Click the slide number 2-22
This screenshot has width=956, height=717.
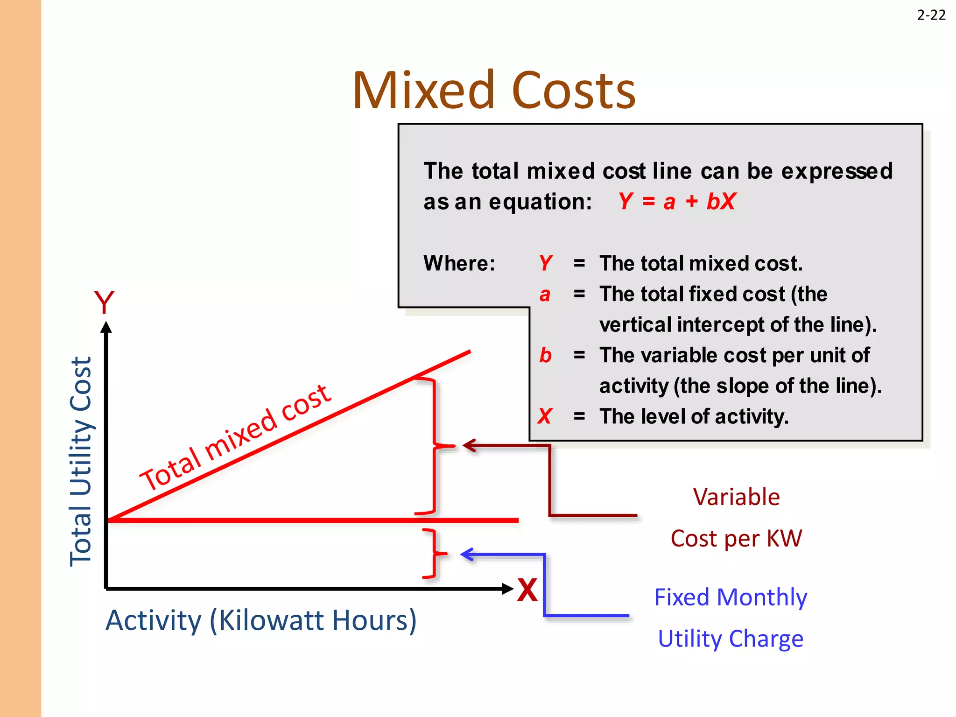[x=931, y=15]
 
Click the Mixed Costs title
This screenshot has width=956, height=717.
[x=494, y=90]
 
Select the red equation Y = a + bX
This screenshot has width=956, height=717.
[x=677, y=202]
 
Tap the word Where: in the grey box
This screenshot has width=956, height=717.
[x=459, y=263]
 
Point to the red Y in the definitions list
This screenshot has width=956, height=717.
[x=545, y=263]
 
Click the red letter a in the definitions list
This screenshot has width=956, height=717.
[x=545, y=295]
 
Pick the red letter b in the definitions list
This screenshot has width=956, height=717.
[x=545, y=355]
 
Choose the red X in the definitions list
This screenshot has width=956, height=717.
[x=545, y=416]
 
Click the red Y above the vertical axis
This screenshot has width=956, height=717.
[x=104, y=303]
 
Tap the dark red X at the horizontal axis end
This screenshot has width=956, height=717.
[x=527, y=590]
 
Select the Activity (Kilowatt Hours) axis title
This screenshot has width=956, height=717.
[x=261, y=620]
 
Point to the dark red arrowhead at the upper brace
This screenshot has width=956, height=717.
[x=468, y=446]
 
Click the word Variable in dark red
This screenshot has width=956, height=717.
[x=736, y=497]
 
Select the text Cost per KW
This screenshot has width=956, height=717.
[x=736, y=538]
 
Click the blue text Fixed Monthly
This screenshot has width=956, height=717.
[x=731, y=597]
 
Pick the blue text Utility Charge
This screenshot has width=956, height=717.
[x=731, y=639]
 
